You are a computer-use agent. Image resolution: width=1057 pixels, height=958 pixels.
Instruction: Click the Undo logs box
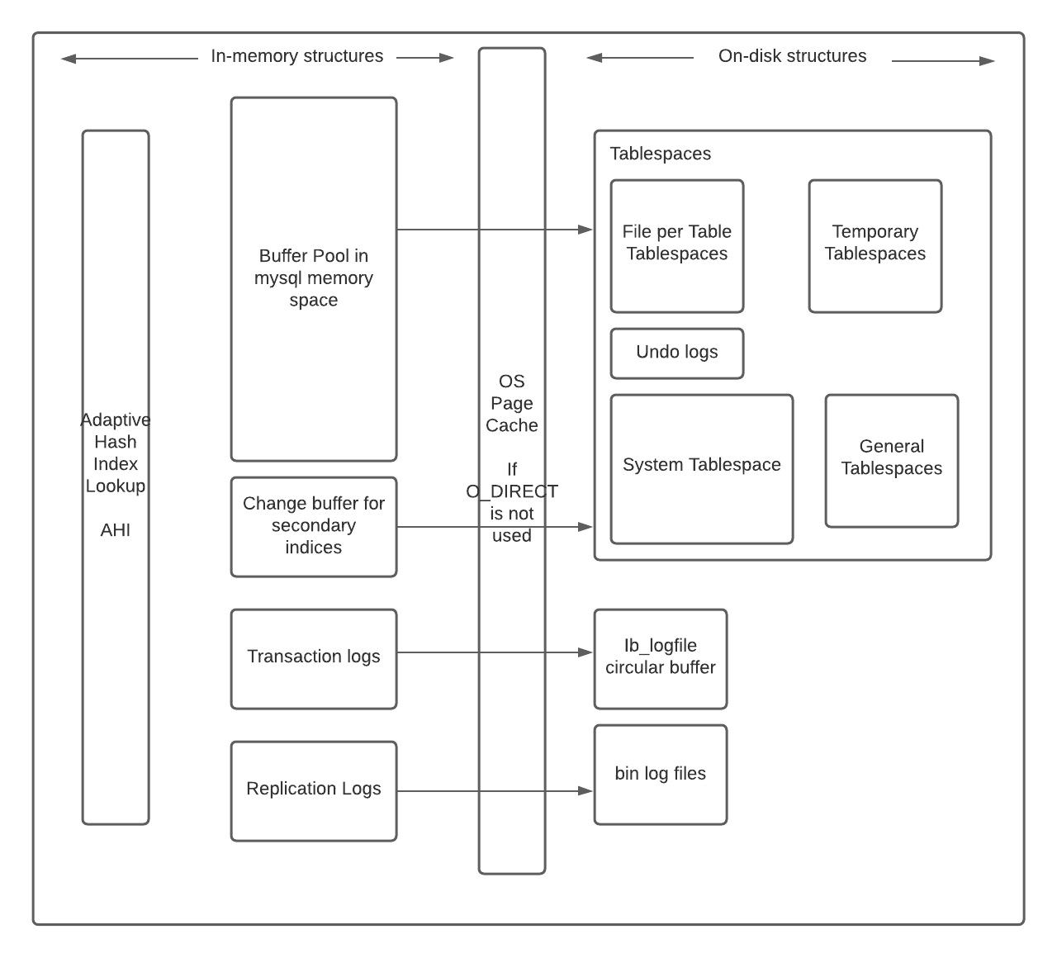[x=676, y=353]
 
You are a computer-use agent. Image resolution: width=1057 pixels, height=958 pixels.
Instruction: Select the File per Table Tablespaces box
[x=676, y=245]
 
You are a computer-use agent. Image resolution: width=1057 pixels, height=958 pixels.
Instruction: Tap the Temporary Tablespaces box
[x=875, y=245]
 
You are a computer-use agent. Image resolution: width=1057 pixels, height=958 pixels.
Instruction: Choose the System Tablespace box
[x=701, y=468]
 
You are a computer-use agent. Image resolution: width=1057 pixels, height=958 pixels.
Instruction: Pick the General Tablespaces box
[x=891, y=460]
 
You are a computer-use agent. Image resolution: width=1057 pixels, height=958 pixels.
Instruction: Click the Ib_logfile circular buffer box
[x=660, y=658]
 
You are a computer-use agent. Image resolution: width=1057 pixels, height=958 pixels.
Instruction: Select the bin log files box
[x=660, y=774]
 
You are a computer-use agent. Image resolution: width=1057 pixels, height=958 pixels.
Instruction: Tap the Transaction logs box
[x=313, y=658]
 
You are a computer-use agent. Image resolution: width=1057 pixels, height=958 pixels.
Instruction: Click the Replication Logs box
[x=313, y=790]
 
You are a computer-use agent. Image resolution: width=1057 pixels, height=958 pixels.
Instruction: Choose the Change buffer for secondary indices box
[x=313, y=526]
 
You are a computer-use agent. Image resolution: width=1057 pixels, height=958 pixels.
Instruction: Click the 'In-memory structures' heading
[x=296, y=56]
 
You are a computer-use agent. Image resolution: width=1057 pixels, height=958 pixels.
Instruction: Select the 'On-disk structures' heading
[x=792, y=56]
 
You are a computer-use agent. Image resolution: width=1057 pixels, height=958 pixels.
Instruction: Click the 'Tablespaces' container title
[x=660, y=154]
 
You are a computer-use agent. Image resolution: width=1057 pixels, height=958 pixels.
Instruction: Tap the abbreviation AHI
[x=116, y=530]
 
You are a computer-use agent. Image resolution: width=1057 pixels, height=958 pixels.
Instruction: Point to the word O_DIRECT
[x=512, y=491]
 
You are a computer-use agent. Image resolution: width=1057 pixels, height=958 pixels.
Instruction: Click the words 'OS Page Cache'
[x=512, y=403]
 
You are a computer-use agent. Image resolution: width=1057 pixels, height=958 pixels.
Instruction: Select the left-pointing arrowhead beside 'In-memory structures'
[x=69, y=59]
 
